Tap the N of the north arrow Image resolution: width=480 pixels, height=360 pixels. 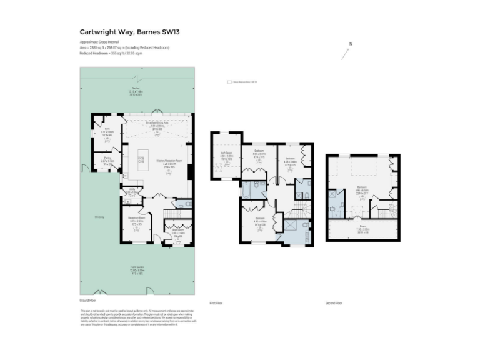click(351, 44)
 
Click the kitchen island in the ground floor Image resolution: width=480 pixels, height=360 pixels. click(142, 161)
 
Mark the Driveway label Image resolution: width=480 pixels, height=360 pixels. click(100, 217)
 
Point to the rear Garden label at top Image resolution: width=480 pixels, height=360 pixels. click(135, 88)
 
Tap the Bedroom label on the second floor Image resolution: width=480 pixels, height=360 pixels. click(362, 187)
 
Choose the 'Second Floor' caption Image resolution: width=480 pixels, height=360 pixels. click(334, 303)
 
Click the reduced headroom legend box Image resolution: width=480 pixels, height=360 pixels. click(229, 81)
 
